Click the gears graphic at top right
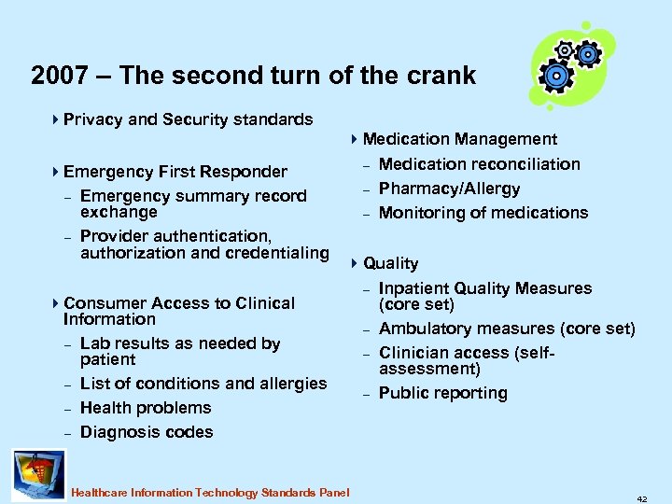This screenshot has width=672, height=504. (x=572, y=64)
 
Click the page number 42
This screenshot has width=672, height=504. (x=642, y=498)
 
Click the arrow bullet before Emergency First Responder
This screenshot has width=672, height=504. (x=56, y=171)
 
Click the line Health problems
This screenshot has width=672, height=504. (x=146, y=408)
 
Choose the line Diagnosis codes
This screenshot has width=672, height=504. (x=147, y=432)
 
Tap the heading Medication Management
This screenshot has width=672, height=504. (x=459, y=139)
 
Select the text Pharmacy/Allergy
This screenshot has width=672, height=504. (x=449, y=189)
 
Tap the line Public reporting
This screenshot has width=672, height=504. (x=442, y=393)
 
